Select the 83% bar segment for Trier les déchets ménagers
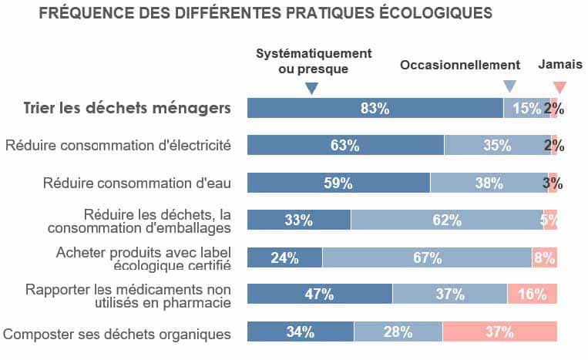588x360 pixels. [375, 108]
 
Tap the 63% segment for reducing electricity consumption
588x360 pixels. [345, 145]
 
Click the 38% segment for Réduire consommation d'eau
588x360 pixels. [489, 183]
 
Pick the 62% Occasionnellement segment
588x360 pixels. [447, 220]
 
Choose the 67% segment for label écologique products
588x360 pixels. [427, 257]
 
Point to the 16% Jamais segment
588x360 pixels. [532, 294]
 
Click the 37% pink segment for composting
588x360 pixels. [499, 332]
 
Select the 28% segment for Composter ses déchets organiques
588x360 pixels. [398, 332]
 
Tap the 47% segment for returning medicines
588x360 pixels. [319, 294]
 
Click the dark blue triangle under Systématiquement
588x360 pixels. [311, 89]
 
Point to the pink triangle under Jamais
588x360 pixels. [560, 87]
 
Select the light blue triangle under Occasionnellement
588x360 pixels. [509, 86]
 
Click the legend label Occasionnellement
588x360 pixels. [460, 66]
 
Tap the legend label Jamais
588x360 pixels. [560, 65]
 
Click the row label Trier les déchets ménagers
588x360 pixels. [127, 108]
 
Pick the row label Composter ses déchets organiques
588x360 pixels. [117, 334]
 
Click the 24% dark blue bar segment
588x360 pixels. [284, 257]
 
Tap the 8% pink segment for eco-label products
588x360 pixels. [544, 257]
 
